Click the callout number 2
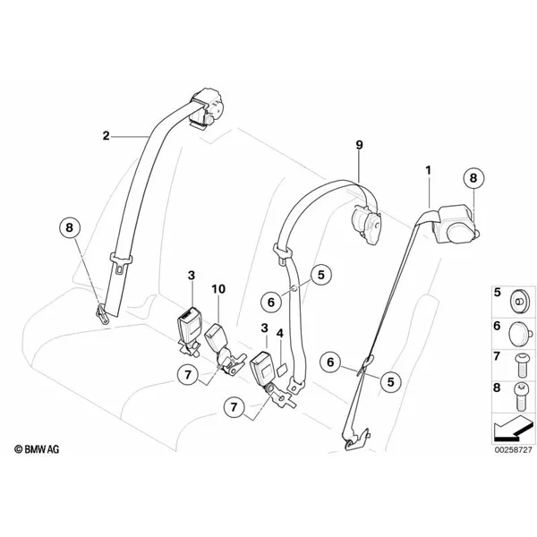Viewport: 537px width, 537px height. pyautogui.click(x=107, y=136)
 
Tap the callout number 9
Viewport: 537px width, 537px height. pyautogui.click(x=359, y=145)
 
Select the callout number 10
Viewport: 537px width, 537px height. pyautogui.click(x=218, y=289)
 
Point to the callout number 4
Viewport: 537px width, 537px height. pyautogui.click(x=280, y=333)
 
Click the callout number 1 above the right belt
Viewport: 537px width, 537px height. pyautogui.click(x=428, y=170)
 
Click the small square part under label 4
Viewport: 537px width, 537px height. pyautogui.click(x=282, y=371)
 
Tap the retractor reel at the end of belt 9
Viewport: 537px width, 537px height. pyautogui.click(x=366, y=223)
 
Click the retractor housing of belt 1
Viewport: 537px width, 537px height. pyautogui.click(x=456, y=225)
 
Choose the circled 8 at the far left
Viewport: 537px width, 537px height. pyautogui.click(x=70, y=227)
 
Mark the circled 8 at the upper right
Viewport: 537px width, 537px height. pyautogui.click(x=473, y=178)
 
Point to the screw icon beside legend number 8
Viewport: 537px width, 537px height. pyautogui.click(x=522, y=396)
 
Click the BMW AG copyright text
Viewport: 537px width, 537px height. pyautogui.click(x=37, y=449)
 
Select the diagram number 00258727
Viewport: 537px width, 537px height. pyautogui.click(x=513, y=449)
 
